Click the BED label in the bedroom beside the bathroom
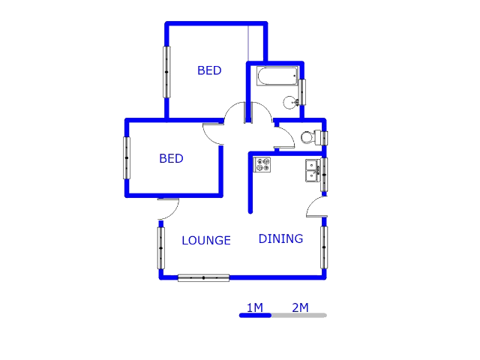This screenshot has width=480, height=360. (209, 70)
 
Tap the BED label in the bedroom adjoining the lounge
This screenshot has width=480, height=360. (171, 159)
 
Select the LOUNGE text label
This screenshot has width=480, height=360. (206, 241)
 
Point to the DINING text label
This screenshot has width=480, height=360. (280, 238)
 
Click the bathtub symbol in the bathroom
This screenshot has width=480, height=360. (276, 76)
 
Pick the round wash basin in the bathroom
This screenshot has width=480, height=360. (290, 102)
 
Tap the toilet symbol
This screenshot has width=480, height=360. (307, 137)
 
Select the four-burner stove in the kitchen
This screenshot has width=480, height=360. (262, 164)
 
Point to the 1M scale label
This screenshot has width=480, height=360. (254, 307)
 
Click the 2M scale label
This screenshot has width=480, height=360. (300, 307)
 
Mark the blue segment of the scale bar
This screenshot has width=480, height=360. (255, 316)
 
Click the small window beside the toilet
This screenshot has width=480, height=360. (325, 138)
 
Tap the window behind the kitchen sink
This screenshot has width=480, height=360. (325, 174)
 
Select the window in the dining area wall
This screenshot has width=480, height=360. (325, 247)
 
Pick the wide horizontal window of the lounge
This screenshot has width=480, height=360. (203, 277)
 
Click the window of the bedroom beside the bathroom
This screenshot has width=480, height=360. (166, 71)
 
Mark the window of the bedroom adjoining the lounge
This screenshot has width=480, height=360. (127, 157)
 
